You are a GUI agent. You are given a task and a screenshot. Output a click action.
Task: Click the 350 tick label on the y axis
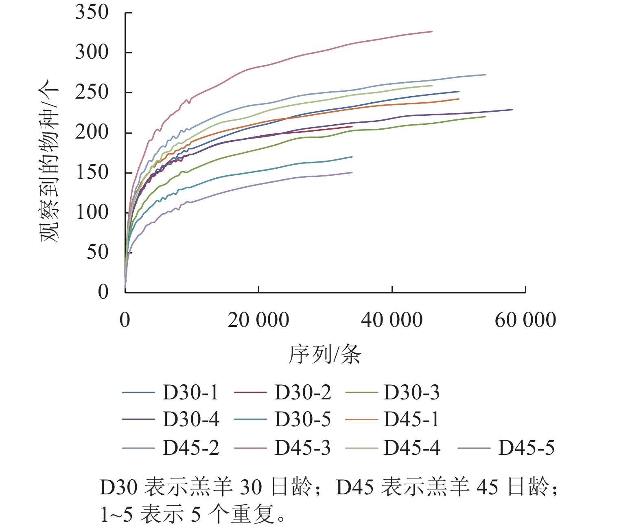tap(92, 12)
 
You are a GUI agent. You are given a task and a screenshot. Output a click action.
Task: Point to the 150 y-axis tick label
tap(92, 172)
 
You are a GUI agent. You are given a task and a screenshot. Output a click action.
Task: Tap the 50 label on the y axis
tap(97, 252)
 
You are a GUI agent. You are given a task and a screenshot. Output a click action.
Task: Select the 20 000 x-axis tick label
tap(258, 320)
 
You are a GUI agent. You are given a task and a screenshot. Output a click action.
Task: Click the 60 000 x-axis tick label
tap(525, 320)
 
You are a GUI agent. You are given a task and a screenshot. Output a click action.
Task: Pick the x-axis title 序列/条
tap(325, 354)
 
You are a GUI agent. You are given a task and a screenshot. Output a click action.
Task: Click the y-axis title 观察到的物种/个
tap(49, 161)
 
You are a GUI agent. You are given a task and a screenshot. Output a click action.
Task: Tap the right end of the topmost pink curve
tap(432, 31)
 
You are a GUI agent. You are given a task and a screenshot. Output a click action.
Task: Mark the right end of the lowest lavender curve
tap(352, 172)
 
